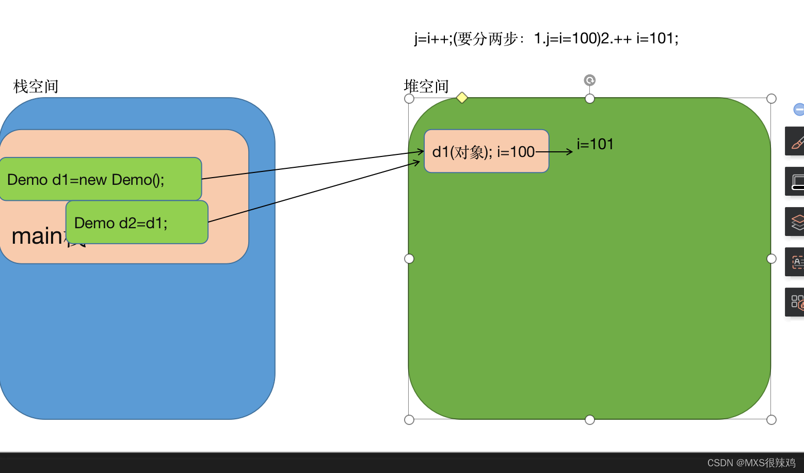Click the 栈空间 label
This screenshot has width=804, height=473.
tap(36, 86)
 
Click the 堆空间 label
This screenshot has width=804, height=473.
tap(426, 86)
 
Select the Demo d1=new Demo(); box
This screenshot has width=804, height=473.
tap(100, 179)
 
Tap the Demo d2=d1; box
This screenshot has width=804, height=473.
tap(137, 223)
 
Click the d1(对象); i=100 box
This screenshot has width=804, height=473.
tap(486, 151)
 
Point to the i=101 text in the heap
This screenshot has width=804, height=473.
tap(595, 144)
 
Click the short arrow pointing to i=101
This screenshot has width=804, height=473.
tap(555, 152)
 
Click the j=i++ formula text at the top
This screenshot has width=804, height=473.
tap(546, 39)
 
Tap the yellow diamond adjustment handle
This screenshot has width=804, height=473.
tap(462, 98)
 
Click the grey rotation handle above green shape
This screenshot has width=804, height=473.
tap(590, 80)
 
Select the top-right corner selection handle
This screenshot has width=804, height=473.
tap(771, 99)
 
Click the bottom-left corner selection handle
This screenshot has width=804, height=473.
tap(409, 420)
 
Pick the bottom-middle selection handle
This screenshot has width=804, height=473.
tap(590, 420)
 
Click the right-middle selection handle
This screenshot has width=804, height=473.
tap(771, 259)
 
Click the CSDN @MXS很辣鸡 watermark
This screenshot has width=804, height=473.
tap(751, 463)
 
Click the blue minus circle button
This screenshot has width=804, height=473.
tap(799, 109)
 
